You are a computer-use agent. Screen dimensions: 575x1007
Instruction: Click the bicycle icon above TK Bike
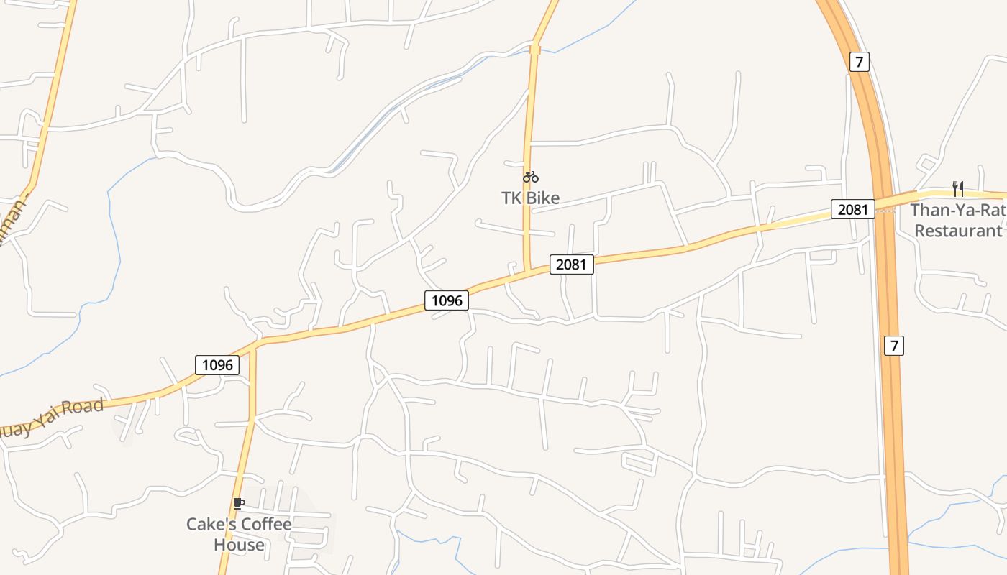coord(531,177)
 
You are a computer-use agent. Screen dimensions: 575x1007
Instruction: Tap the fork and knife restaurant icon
coord(957,188)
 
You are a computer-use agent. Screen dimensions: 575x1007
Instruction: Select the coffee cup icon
coord(239,503)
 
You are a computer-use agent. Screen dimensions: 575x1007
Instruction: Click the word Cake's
coord(211,525)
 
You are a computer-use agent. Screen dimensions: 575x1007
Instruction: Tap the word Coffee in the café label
coord(266,525)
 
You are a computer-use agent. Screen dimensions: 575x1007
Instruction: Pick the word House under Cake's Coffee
coord(239,545)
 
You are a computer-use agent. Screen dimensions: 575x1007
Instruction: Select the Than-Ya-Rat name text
coord(957,211)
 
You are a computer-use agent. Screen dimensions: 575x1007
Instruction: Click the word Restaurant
coord(957,231)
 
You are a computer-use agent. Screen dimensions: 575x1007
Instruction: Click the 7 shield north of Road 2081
coord(858,62)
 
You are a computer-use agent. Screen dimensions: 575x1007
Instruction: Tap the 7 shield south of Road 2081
coord(893,346)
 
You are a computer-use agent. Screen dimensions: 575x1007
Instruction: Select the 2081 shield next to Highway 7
coord(853,209)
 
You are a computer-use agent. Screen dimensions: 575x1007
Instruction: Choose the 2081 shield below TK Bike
coord(572,264)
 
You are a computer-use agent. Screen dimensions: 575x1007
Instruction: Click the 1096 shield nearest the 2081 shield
coord(447,300)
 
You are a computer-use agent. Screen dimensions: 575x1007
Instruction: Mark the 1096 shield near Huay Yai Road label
coord(217,365)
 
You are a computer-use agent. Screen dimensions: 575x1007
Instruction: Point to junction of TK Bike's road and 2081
coord(527,272)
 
